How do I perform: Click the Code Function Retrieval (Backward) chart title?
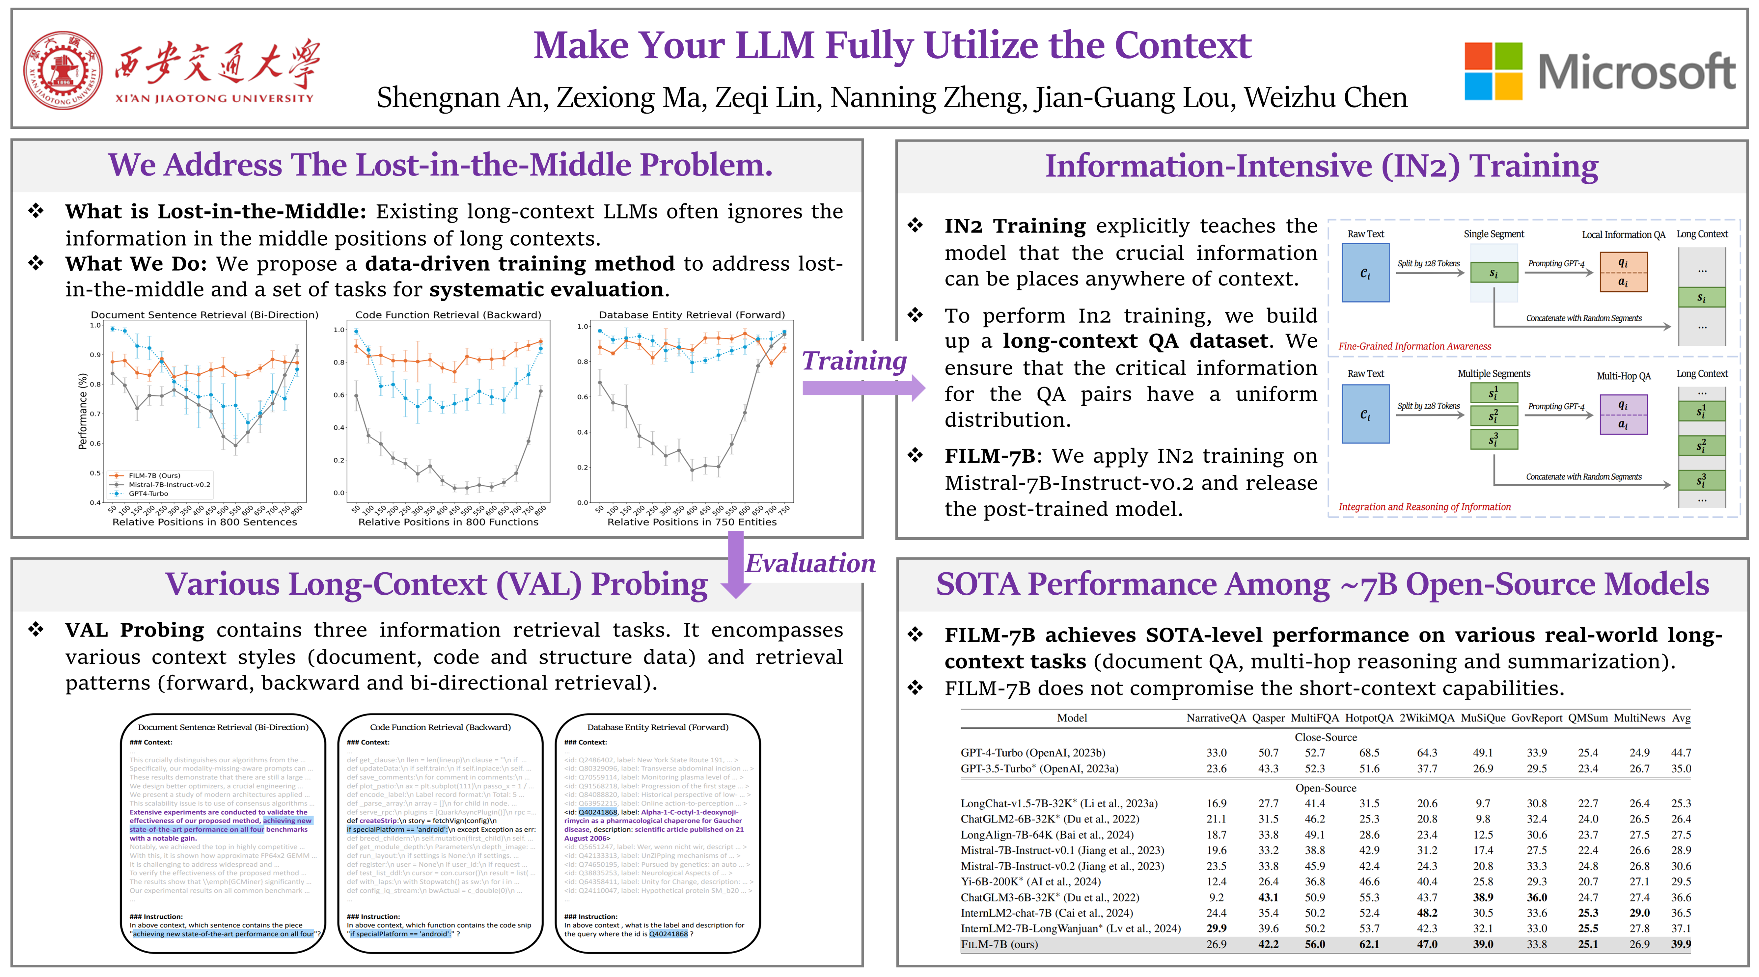tap(448, 315)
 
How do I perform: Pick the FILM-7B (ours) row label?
tap(998, 944)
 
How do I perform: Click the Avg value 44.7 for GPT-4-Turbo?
tap(1680, 752)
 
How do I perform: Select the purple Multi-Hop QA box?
tap(1623, 414)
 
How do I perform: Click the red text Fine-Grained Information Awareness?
tap(1414, 346)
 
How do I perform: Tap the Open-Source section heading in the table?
tap(1325, 788)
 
